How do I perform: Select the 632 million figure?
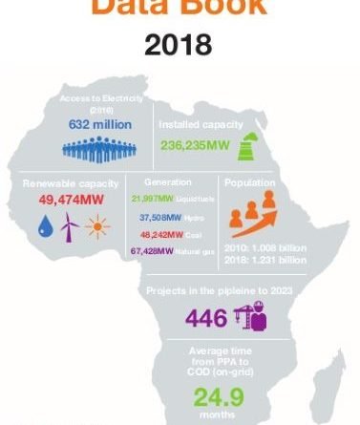point(98,124)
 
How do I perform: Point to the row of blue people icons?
point(98,148)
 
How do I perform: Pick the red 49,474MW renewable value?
point(71,202)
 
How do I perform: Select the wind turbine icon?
point(69,226)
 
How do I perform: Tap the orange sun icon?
point(95,227)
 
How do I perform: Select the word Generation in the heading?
point(169,181)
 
